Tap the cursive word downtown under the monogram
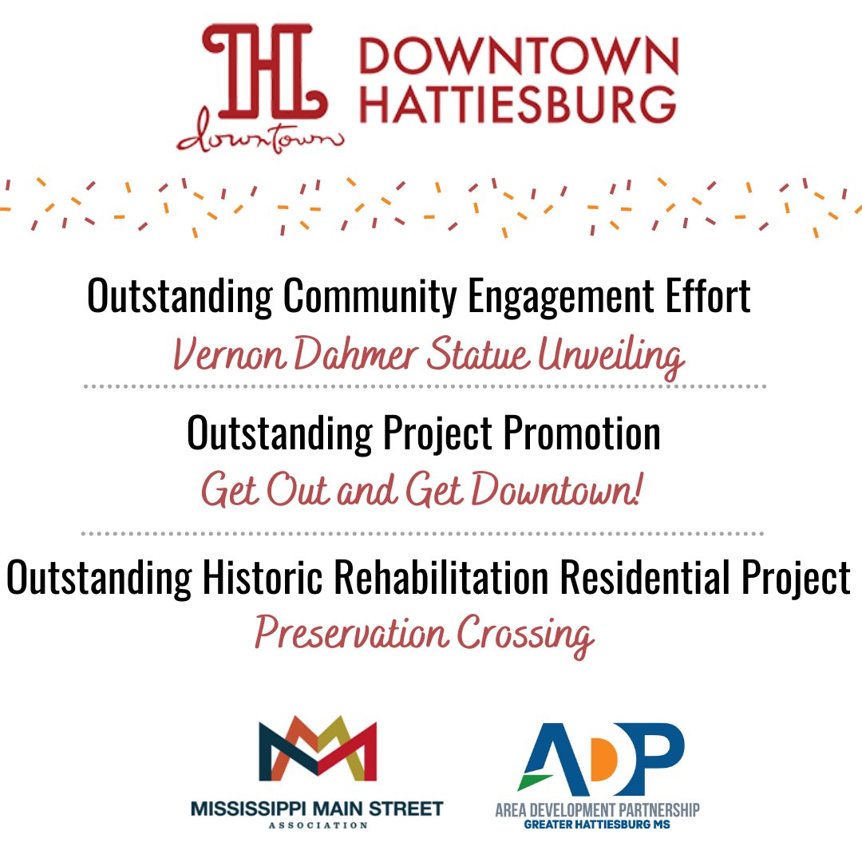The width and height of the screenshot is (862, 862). (x=260, y=139)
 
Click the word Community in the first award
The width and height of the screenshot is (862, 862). (x=370, y=297)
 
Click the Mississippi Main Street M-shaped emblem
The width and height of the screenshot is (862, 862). (x=317, y=751)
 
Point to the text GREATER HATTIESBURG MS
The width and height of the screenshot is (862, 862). (x=597, y=824)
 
